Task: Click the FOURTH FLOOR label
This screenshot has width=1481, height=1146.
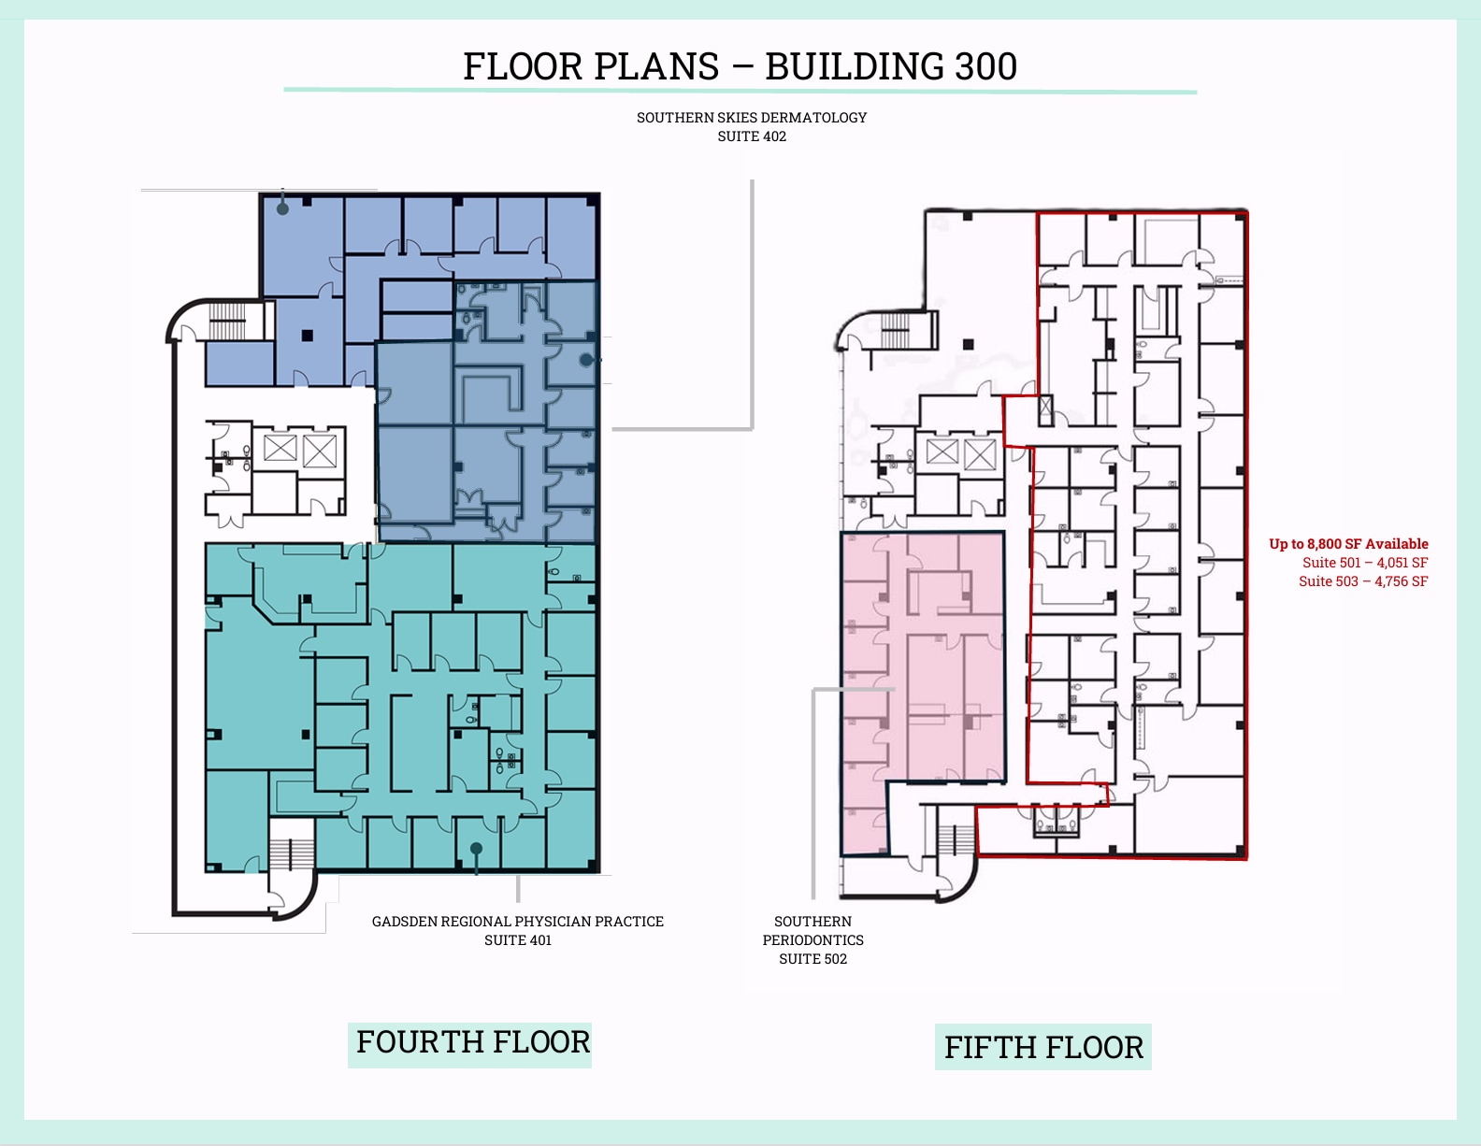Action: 472,1042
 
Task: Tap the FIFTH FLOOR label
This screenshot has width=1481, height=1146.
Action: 1043,1048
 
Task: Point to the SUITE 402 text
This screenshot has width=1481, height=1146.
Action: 752,136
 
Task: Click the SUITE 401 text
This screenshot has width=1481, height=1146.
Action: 518,940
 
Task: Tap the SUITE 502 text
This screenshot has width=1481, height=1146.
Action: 812,959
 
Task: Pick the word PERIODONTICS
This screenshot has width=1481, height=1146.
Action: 812,940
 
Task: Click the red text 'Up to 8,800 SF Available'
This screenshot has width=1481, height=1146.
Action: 1348,544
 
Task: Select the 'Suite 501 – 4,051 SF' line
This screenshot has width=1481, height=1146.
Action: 1364,563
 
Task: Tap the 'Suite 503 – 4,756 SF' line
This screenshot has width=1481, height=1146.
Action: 1362,581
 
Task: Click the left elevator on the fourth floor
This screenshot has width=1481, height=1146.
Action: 280,448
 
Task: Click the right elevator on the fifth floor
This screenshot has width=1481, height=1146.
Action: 979,455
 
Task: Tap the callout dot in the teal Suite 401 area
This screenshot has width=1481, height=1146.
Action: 476,849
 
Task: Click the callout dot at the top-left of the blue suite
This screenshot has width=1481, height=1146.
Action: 282,208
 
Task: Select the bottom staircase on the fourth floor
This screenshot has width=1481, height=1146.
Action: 290,853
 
